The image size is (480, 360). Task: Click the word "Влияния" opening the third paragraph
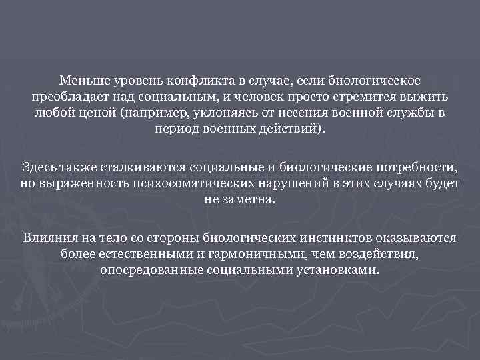tap(47, 238)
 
